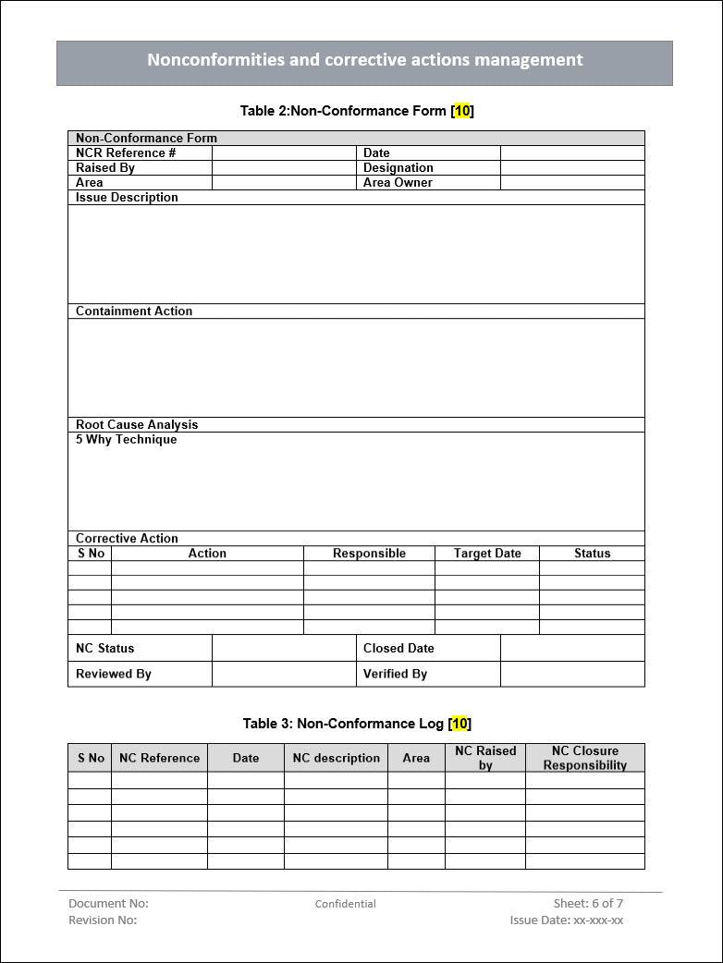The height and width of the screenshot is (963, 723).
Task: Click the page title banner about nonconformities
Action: click(x=364, y=61)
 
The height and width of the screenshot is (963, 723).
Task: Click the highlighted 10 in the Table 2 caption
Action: click(x=462, y=111)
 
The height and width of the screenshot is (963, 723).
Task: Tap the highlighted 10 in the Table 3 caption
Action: click(x=460, y=724)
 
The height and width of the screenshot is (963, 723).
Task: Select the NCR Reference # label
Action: click(x=126, y=153)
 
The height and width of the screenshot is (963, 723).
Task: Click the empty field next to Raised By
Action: click(x=284, y=168)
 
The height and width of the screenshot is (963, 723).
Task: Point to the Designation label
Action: click(x=398, y=168)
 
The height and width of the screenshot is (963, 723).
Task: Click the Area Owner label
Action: click(x=398, y=183)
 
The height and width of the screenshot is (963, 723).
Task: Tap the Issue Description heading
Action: click(x=127, y=198)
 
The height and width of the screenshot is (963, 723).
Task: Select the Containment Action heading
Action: click(x=134, y=311)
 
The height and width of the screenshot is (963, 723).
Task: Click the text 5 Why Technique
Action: click(x=126, y=440)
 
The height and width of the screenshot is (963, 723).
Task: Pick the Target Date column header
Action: click(x=487, y=554)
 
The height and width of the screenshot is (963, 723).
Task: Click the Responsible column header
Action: click(x=369, y=554)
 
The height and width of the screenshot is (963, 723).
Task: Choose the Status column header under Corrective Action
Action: click(x=592, y=554)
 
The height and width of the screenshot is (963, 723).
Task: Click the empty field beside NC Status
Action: click(x=284, y=648)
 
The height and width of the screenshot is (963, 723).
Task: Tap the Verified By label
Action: click(x=395, y=674)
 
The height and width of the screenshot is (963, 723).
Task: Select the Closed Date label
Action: click(x=398, y=649)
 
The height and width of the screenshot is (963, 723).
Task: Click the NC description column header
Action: click(x=336, y=758)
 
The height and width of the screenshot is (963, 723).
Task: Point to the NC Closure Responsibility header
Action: click(x=584, y=758)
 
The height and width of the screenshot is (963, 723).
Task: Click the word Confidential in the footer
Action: click(x=345, y=904)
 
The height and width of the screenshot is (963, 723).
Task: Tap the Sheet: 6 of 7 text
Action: click(x=588, y=903)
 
